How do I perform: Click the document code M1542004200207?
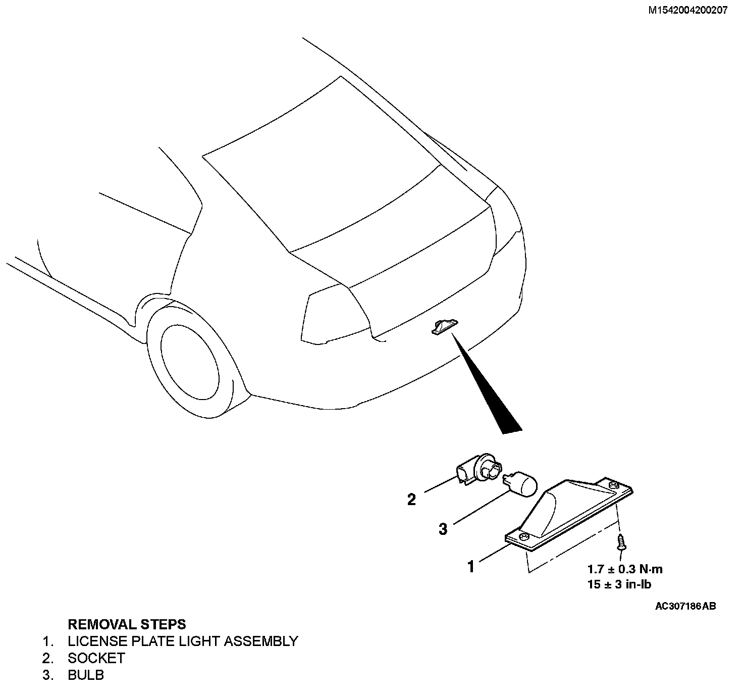pyautogui.click(x=687, y=11)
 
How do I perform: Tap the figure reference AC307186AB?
pyautogui.click(x=685, y=606)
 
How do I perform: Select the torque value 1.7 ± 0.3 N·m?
pyautogui.click(x=624, y=569)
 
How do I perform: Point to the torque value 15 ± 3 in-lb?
pyautogui.click(x=619, y=584)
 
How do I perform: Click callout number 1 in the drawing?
pyautogui.click(x=471, y=567)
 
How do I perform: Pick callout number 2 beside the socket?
pyautogui.click(x=412, y=500)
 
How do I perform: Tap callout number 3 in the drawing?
pyautogui.click(x=443, y=529)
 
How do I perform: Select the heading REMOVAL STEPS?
pyautogui.click(x=127, y=624)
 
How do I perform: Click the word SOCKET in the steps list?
pyautogui.click(x=96, y=658)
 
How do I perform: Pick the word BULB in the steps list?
pyautogui.click(x=86, y=675)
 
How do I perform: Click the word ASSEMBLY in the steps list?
pyautogui.click(x=260, y=641)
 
